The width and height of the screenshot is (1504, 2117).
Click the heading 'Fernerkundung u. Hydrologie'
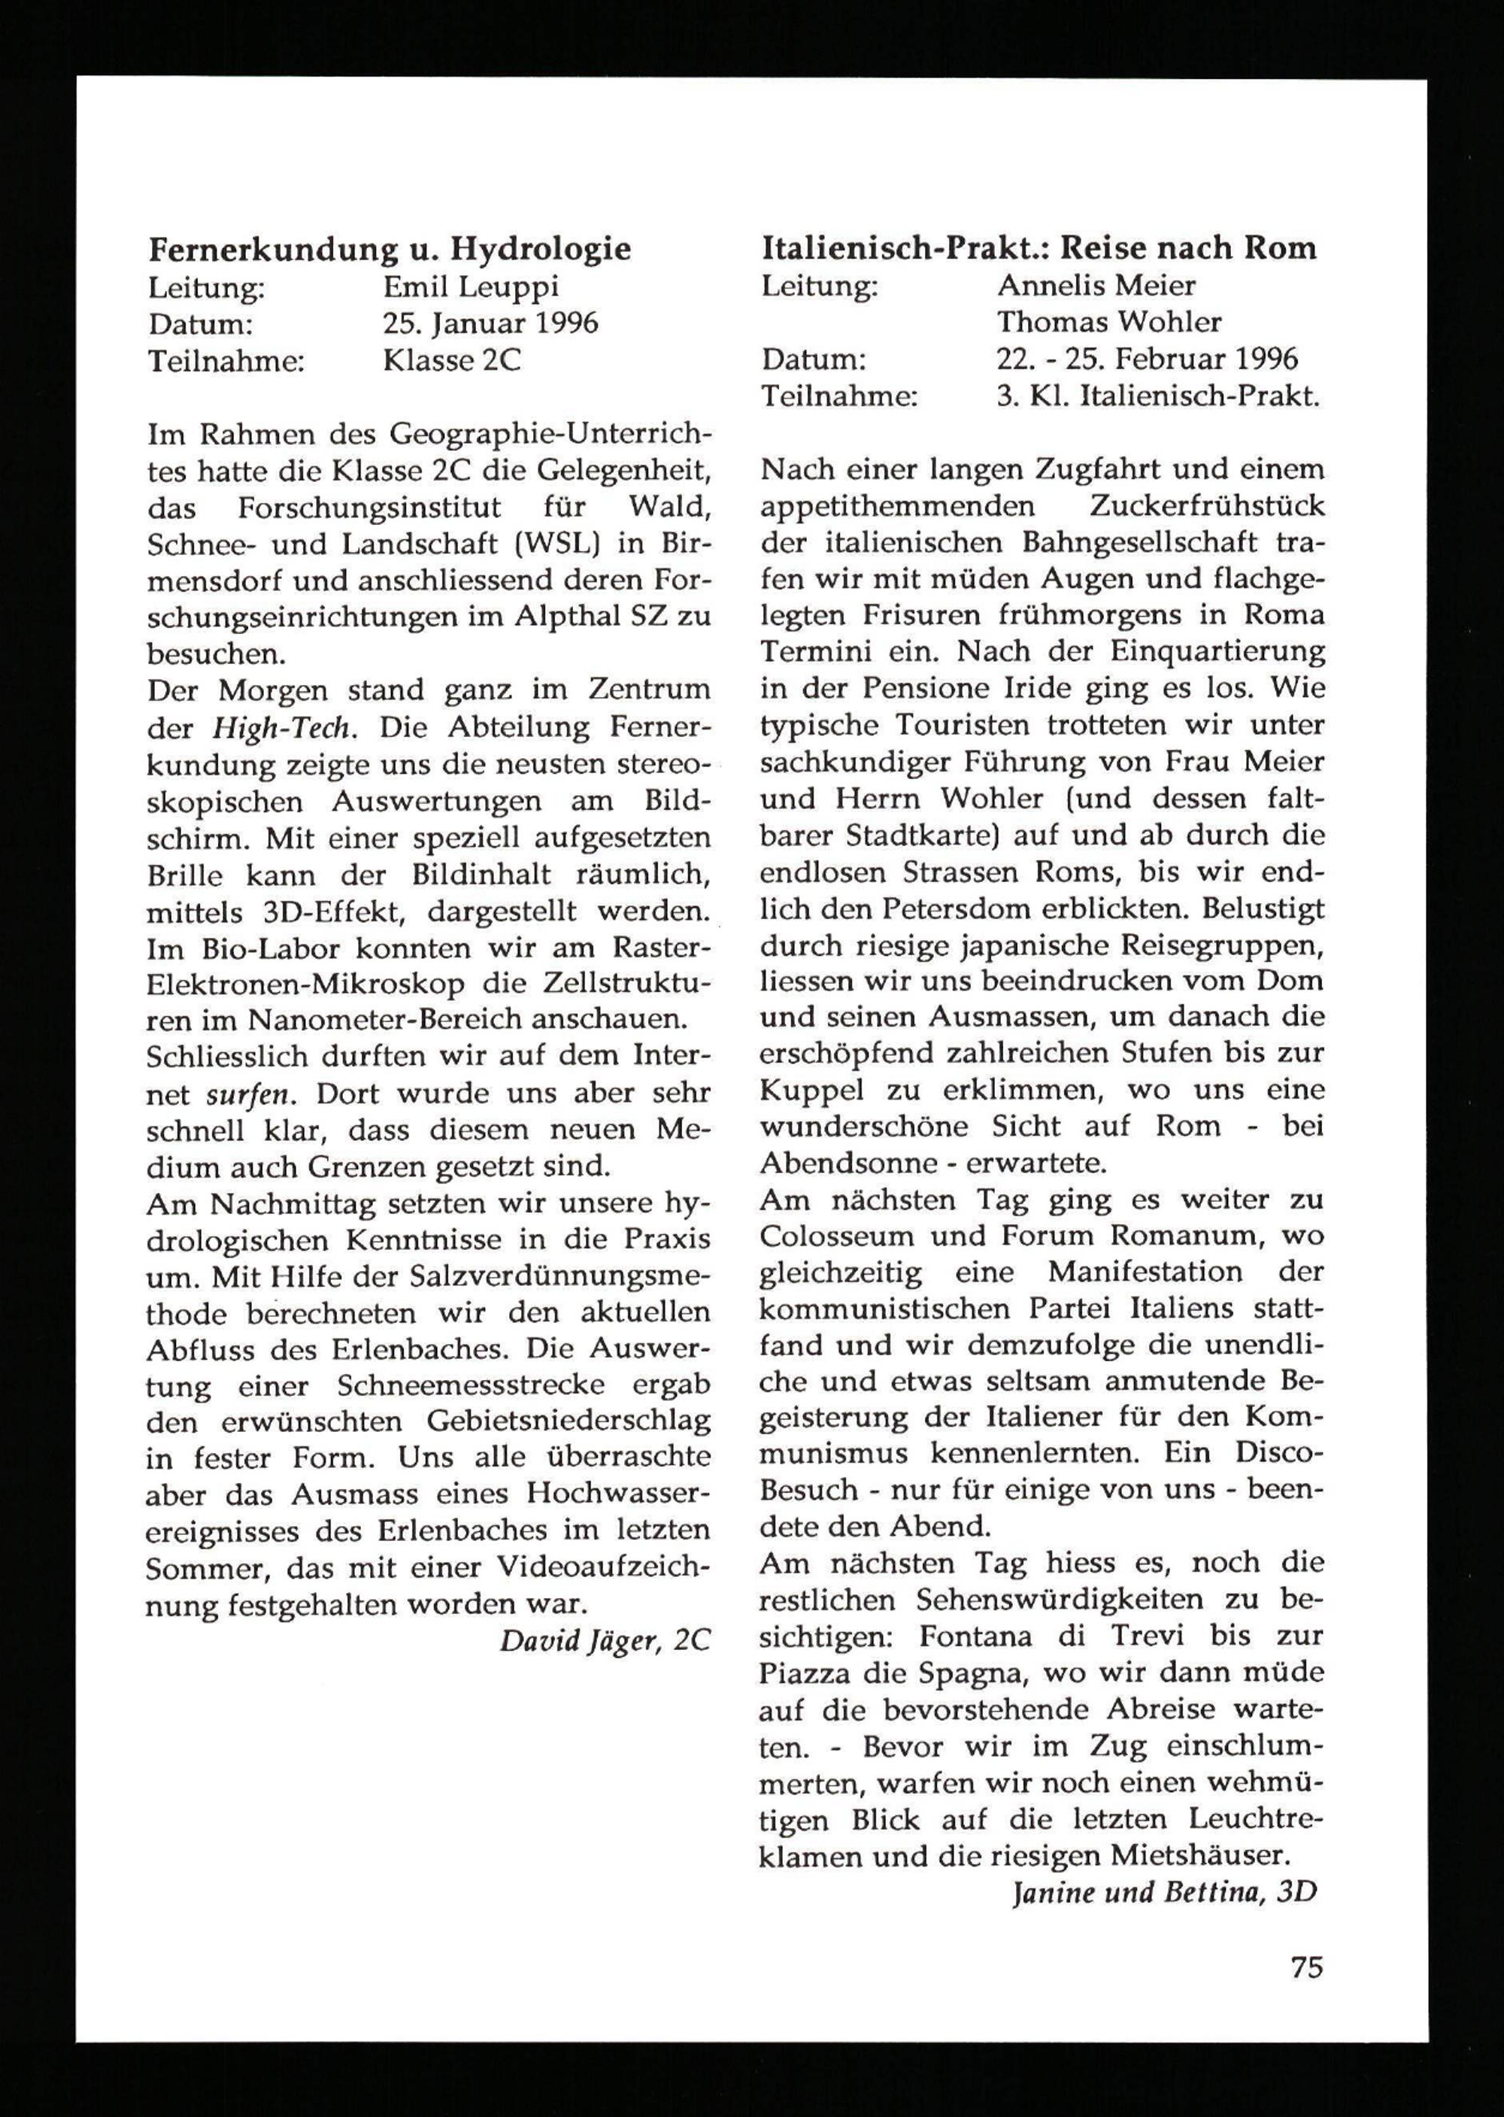[x=390, y=249]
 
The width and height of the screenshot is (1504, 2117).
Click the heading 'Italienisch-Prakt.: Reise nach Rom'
[x=1039, y=248]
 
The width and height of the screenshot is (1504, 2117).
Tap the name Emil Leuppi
[x=471, y=287]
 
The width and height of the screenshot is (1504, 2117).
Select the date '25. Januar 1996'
[x=491, y=323]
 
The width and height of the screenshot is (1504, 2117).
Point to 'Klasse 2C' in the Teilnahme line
[x=452, y=359]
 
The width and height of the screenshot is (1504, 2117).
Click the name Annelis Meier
[x=1096, y=285]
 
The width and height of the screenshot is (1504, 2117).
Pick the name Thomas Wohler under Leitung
[x=1108, y=323]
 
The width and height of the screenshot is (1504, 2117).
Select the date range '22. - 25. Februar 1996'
[x=1147, y=359]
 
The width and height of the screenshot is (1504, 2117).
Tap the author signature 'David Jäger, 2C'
[x=605, y=1641]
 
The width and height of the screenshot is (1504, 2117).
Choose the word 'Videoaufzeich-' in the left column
[x=603, y=1567]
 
